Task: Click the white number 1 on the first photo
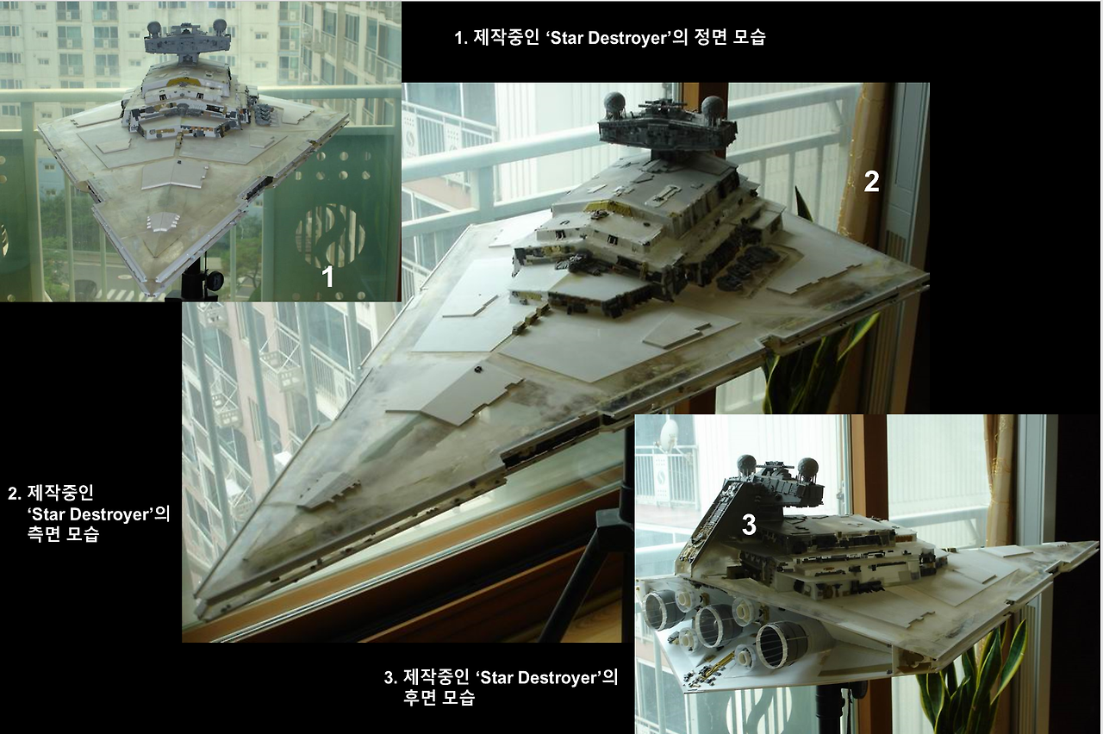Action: click(327, 277)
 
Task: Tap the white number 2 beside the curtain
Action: click(871, 182)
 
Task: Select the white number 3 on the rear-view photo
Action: click(749, 525)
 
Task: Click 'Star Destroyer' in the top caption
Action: click(608, 38)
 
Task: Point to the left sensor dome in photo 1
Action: click(154, 28)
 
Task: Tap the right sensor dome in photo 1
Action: click(219, 26)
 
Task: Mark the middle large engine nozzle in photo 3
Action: click(716, 625)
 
